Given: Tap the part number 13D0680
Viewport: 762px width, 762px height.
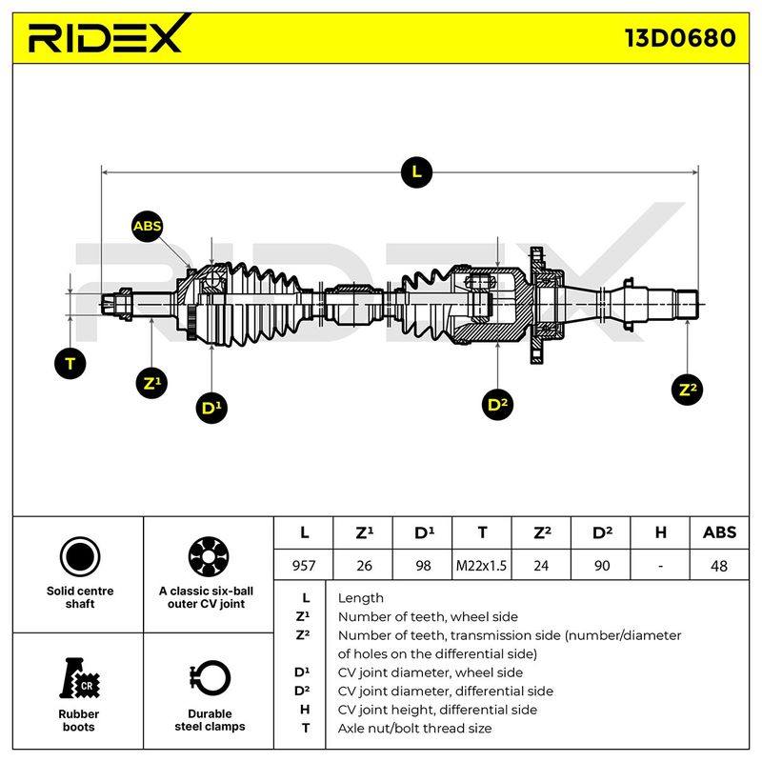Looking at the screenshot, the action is click(x=680, y=38).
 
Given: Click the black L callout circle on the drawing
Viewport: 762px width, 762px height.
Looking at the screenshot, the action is click(x=416, y=172).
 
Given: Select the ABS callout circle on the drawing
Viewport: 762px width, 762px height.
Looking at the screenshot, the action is click(x=148, y=226).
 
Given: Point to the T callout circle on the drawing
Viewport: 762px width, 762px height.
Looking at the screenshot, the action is click(x=70, y=364).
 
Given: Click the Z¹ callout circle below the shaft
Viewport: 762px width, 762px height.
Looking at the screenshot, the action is click(x=152, y=383).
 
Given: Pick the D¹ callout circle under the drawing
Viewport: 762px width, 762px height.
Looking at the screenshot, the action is click(x=211, y=408).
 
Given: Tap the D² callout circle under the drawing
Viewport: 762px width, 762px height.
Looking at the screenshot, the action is click(x=497, y=404).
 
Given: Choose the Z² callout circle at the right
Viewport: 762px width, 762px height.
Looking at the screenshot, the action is click(x=687, y=389).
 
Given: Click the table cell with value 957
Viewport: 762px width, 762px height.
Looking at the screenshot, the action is click(x=304, y=565).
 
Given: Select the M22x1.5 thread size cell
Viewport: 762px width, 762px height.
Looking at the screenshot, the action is click(x=481, y=565).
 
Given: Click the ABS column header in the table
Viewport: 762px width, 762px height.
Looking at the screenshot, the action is click(x=719, y=532).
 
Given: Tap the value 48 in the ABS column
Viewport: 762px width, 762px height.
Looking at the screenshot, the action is click(x=719, y=566).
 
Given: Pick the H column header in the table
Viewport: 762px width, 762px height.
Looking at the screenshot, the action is click(x=660, y=532).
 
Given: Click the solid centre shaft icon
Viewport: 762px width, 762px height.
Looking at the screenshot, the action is click(x=80, y=556).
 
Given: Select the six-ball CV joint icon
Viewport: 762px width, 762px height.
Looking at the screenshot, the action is click(x=209, y=556).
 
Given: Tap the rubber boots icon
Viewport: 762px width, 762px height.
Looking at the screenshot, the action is click(x=79, y=678).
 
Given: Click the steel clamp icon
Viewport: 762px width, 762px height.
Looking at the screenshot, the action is click(x=210, y=679).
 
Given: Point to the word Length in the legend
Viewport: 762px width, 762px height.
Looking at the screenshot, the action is click(x=361, y=598).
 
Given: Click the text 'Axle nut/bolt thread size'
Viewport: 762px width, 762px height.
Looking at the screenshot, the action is click(x=414, y=728).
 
